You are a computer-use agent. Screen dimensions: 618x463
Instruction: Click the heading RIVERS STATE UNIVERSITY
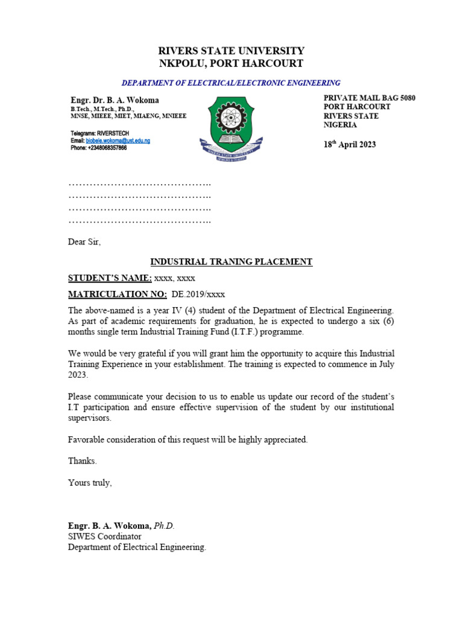pos(231,51)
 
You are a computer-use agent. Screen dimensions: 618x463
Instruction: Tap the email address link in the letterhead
pos(118,140)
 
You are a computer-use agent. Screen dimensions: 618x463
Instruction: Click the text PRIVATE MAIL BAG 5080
pos(370,98)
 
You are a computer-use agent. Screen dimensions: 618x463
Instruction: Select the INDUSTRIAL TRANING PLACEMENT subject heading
pos(231,262)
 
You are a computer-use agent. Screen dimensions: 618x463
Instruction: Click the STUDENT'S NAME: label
pos(110,278)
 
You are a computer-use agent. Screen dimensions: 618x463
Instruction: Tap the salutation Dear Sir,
pos(84,242)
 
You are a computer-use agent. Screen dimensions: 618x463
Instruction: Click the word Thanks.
pos(82,461)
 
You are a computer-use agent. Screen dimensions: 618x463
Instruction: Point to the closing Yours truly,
pos(90,483)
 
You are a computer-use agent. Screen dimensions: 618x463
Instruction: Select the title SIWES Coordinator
pos(104,537)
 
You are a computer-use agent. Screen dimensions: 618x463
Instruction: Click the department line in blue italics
pos(231,83)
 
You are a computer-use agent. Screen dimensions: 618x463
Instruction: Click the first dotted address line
pos(139,183)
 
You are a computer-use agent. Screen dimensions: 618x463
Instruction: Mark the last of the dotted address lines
pos(139,221)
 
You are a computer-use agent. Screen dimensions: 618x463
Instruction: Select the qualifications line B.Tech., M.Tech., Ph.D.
pos(102,109)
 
